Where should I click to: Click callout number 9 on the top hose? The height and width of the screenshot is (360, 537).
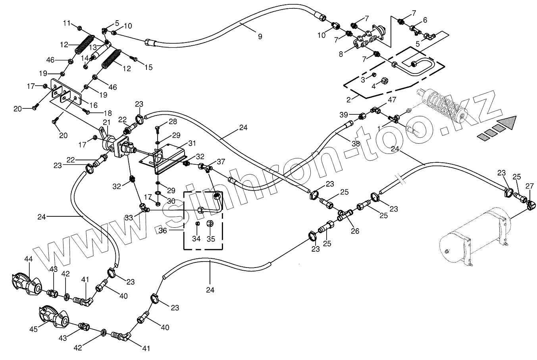pyautogui.click(x=260, y=37)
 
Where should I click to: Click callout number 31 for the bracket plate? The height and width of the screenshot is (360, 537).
pyautogui.click(x=192, y=143)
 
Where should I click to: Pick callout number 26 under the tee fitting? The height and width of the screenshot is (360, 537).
pyautogui.click(x=355, y=231)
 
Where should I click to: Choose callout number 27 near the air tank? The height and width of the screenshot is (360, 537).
pyautogui.click(x=529, y=186)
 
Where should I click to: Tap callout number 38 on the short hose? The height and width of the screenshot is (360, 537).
pyautogui.click(x=356, y=144)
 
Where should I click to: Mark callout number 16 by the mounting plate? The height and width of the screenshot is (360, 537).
pyautogui.click(x=93, y=105)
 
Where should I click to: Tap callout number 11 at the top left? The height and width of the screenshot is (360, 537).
pyautogui.click(x=67, y=23)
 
